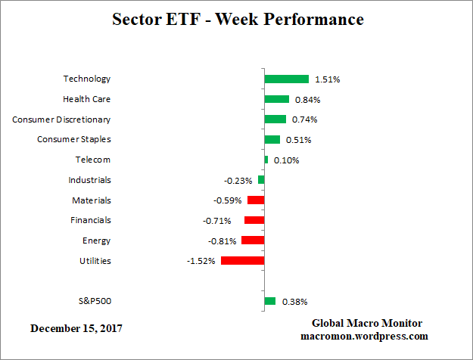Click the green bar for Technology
286,79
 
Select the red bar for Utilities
242,260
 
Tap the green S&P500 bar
269,301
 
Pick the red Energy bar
253,241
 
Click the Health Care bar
276,99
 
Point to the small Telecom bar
266,160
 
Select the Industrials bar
261,180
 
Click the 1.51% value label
326,79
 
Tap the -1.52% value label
202,261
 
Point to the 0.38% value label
294,302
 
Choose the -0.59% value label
228,200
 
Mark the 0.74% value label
303,119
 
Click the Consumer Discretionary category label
61,119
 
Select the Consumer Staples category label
74,139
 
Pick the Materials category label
91,200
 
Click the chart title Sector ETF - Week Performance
238,19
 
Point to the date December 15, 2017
76,329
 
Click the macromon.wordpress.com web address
364,336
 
